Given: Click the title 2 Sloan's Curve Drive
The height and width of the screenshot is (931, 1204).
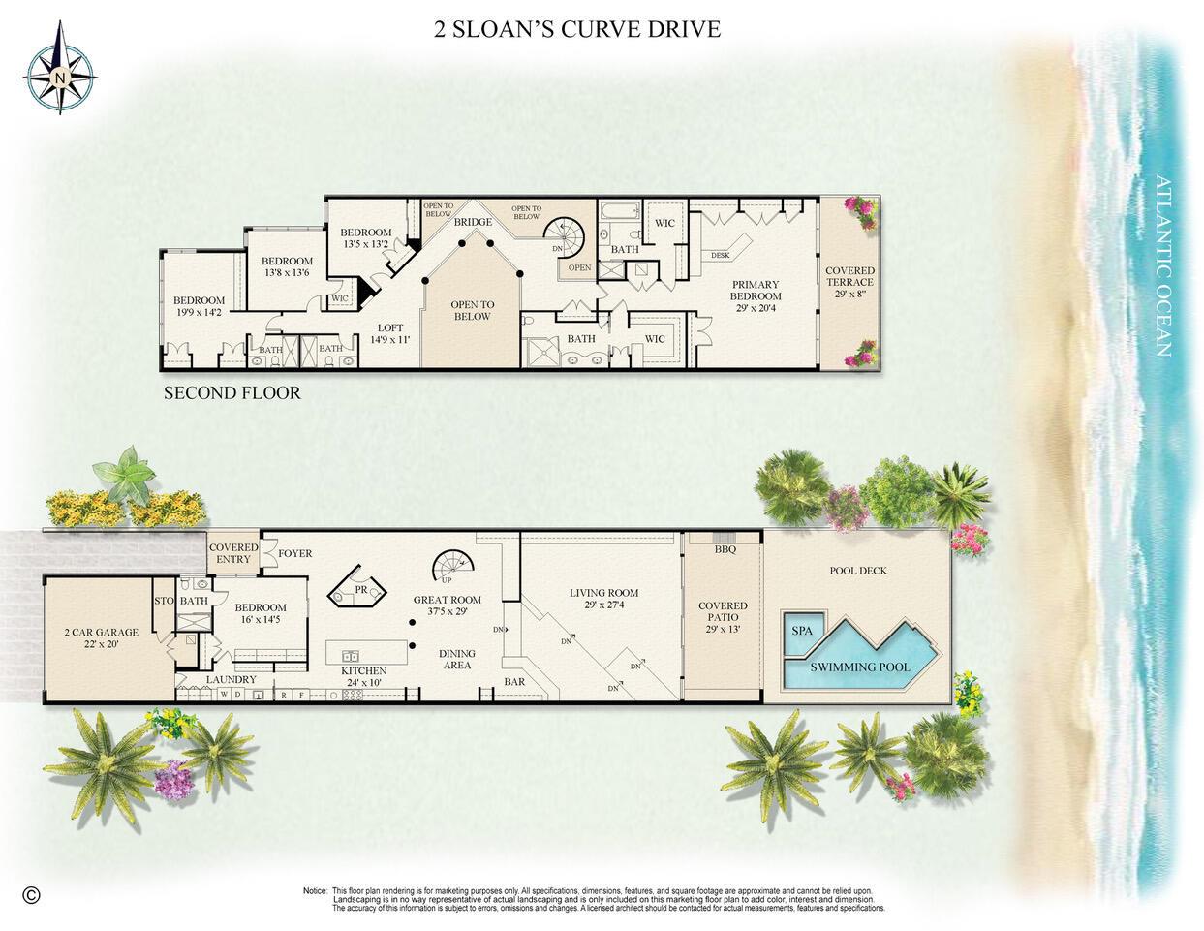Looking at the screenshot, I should [x=577, y=29].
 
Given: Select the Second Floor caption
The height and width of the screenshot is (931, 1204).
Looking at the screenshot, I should [x=232, y=393].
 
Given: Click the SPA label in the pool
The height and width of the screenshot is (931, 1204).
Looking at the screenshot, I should [x=802, y=631].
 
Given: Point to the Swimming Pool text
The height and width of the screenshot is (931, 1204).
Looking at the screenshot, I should [x=847, y=667].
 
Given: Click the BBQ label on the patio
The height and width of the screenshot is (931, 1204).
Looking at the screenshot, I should [x=725, y=549].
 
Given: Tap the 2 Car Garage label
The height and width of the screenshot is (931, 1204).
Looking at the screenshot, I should [x=101, y=637].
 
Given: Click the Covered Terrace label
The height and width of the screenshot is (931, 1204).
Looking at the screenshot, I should [x=849, y=284].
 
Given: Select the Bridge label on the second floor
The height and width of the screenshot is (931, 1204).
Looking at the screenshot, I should [x=474, y=223].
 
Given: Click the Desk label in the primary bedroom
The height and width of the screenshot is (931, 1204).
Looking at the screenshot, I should [x=720, y=256].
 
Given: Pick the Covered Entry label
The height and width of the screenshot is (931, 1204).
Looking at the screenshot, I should [x=234, y=553].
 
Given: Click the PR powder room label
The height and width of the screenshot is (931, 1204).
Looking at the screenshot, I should [x=360, y=589].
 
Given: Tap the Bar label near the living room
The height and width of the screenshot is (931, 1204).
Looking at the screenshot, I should [x=514, y=682].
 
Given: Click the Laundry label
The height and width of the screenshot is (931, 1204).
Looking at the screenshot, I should [x=231, y=680].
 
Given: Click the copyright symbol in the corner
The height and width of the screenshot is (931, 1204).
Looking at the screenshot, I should [x=31, y=894].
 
